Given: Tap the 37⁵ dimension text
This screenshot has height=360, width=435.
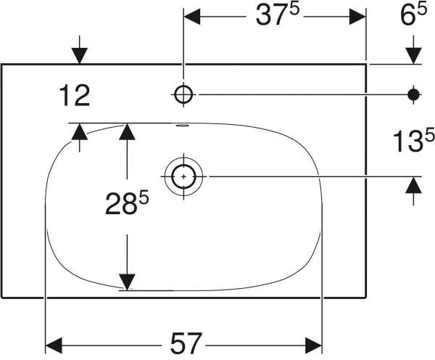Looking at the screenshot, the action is (x=278, y=15).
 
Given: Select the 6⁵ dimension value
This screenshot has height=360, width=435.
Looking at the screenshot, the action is (x=413, y=15).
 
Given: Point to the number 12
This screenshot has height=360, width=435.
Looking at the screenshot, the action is (x=75, y=96).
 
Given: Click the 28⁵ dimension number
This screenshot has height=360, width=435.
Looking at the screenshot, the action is (x=127, y=203).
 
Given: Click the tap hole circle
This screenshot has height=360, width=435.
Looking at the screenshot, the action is (x=183, y=94).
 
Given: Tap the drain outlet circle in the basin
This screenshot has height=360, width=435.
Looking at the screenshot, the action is (x=183, y=176).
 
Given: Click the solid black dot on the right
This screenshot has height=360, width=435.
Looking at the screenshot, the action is (x=414, y=95).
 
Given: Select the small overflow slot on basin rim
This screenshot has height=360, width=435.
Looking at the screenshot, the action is (x=183, y=126).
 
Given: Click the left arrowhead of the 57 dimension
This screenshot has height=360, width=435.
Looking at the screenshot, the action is (x=54, y=345).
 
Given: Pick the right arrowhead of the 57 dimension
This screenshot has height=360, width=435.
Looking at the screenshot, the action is (x=313, y=345).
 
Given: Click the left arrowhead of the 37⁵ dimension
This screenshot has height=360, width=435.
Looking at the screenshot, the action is (x=192, y=17).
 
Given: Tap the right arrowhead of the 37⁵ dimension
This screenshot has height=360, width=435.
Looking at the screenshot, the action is (x=357, y=17).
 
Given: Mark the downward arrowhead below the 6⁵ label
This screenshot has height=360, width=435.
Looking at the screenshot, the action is (x=414, y=56).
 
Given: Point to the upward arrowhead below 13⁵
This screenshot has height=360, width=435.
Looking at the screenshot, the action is (x=414, y=185).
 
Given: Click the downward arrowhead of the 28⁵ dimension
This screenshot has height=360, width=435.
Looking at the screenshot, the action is (x=127, y=282).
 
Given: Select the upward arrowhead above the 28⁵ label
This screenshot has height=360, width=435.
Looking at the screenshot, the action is (x=127, y=131).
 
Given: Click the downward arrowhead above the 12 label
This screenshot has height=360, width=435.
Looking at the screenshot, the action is (x=80, y=56).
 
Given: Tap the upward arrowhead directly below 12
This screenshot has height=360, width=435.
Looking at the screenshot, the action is (x=80, y=131).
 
